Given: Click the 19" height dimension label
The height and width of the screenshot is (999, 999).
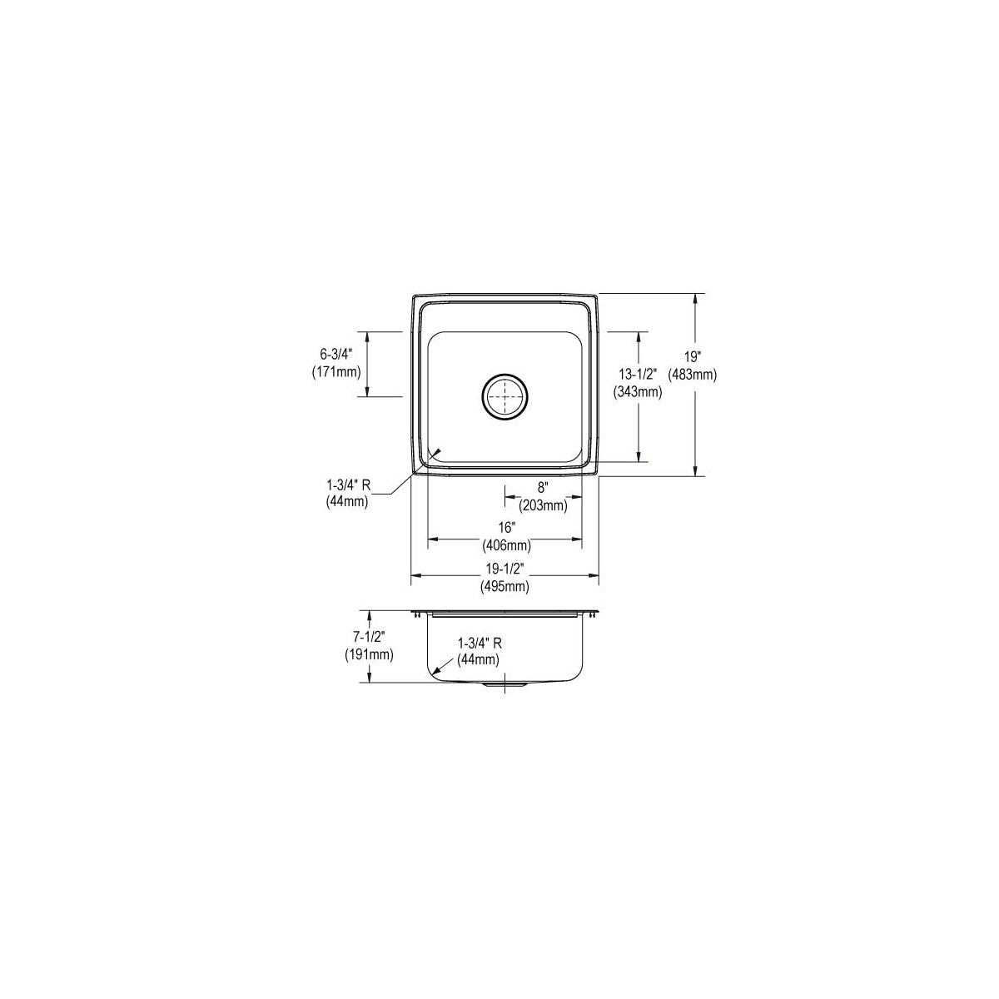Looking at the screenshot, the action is [x=692, y=357].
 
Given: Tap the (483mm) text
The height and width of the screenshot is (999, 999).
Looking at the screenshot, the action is [x=692, y=375].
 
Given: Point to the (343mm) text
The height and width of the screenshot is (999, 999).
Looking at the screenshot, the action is [x=638, y=392].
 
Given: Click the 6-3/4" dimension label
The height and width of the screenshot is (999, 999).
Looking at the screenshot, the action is [x=335, y=355].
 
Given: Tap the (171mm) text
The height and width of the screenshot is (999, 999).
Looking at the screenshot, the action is [x=336, y=372].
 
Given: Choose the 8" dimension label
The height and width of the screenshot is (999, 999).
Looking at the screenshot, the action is [x=542, y=487].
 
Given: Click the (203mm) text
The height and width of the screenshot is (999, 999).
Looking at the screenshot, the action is [x=543, y=504].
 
